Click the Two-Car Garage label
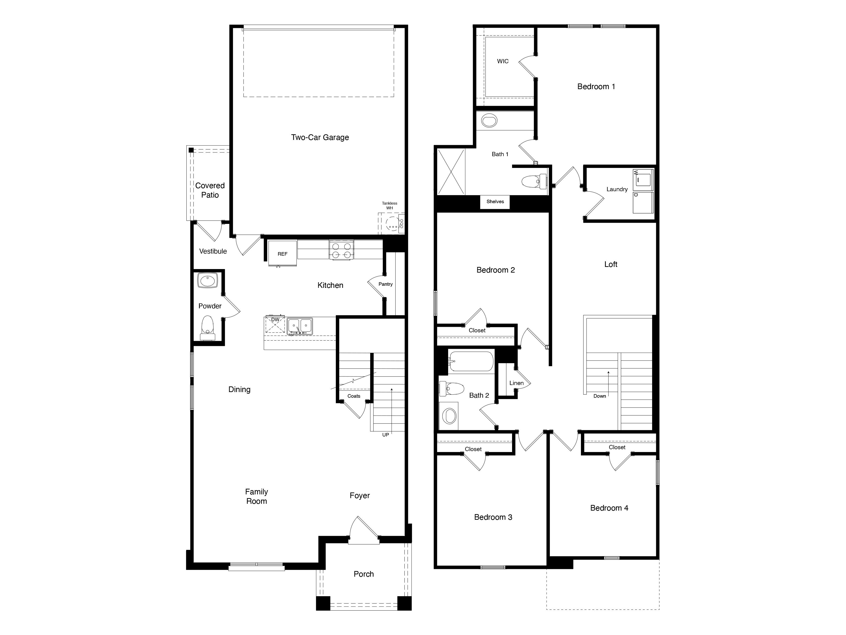[320, 137]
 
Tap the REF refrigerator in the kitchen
[282, 253]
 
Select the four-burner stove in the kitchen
[341, 250]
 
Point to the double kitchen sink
[300, 326]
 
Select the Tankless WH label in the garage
[389, 206]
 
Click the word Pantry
[386, 284]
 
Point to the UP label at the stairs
[386, 435]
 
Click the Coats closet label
[354, 396]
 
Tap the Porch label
[363, 574]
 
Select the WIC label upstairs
[503, 61]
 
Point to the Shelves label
[495, 202]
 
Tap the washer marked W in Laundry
[643, 179]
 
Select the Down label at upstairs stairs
[599, 396]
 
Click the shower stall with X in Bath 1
[451, 172]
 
